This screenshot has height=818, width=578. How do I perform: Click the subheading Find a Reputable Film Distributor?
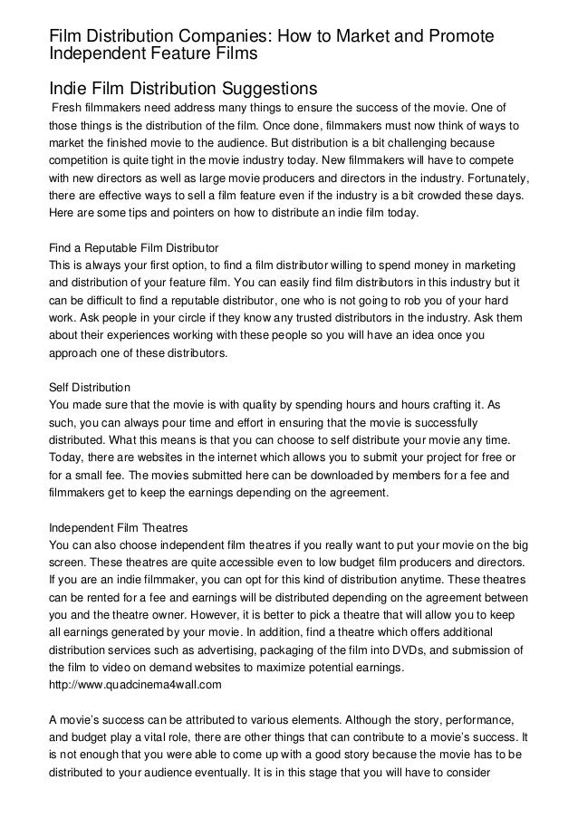pyautogui.click(x=133, y=247)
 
